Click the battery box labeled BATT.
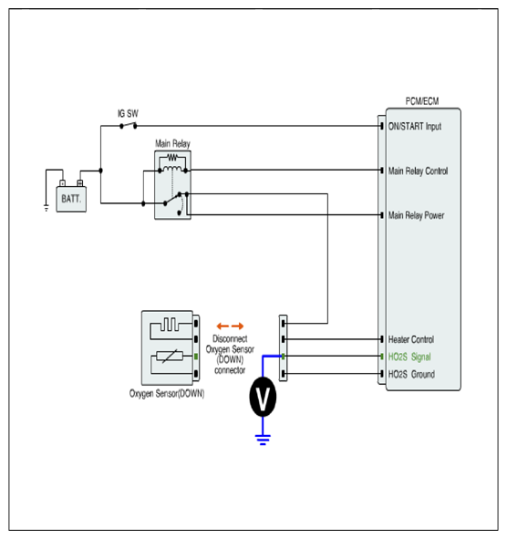pos(71,199)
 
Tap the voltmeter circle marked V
pos(263,397)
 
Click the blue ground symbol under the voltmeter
pos(263,440)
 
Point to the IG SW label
pos(128,113)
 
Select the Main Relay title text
pos(172,143)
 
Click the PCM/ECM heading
pos(422,101)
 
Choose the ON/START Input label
pos(415,127)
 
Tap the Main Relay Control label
pos(418,171)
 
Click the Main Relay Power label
pos(416,215)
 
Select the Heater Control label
pos(411,339)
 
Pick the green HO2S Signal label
pos(409,357)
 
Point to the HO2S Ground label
pos(411,374)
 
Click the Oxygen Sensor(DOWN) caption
pos(167,393)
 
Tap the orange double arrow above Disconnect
pos(230,326)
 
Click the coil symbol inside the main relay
pos(172,169)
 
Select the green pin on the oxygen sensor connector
pos(196,357)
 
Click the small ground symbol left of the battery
pos(47,208)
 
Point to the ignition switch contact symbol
pos(129,126)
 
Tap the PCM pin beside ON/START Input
pos(382,126)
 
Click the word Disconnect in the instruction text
pos(230,338)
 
